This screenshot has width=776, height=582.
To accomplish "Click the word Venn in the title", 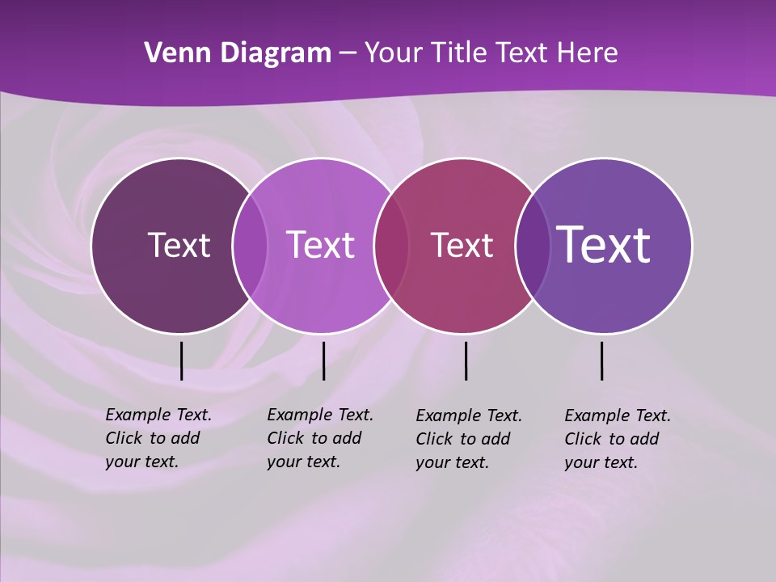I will [171, 53].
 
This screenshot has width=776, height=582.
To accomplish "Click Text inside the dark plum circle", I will [179, 245].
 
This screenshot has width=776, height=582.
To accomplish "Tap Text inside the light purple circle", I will [321, 245].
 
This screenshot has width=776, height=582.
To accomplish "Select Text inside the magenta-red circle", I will [462, 245].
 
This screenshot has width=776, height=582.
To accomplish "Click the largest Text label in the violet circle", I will [604, 244].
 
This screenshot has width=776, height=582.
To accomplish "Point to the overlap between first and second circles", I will [250, 246].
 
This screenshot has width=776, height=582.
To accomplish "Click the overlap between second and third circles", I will [391, 246].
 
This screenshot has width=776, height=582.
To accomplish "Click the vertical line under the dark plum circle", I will [181, 361].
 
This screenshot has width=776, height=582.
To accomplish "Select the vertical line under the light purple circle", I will [323, 361].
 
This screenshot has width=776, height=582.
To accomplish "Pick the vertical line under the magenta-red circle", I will [466, 361].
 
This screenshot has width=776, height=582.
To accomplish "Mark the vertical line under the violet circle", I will [601, 361].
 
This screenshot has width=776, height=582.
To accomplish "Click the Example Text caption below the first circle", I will [158, 438].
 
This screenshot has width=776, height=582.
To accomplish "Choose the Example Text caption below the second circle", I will [319, 438].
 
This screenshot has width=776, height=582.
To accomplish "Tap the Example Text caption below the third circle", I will [468, 439].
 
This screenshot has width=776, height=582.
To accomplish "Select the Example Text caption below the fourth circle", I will [617, 439].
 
